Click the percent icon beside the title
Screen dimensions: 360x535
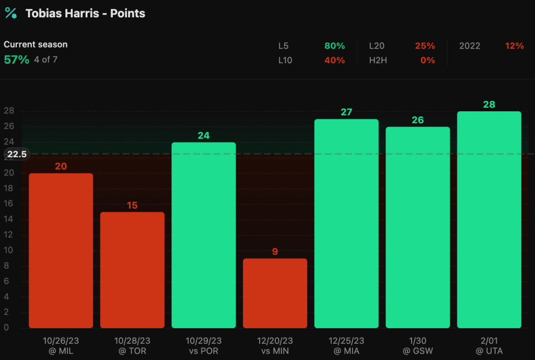point(10,13)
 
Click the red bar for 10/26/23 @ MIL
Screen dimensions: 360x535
point(61,250)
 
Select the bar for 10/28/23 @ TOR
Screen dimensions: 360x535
point(132,270)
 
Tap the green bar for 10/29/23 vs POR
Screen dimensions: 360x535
point(204,235)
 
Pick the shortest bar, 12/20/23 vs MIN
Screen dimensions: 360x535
point(275,293)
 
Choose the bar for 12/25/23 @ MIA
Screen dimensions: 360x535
point(346,224)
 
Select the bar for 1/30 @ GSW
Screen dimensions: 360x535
point(417,227)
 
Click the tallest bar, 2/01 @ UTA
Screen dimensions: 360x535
point(489,219)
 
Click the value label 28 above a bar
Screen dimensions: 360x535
point(489,104)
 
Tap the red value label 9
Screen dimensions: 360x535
point(275,251)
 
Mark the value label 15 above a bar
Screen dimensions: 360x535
point(132,205)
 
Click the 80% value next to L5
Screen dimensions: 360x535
point(334,46)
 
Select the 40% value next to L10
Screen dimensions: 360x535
point(334,60)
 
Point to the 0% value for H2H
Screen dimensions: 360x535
point(427,60)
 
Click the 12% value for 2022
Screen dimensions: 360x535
point(514,46)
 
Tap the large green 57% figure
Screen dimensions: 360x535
point(16,60)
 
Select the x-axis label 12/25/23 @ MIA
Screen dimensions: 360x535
point(346,345)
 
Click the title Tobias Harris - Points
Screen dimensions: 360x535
point(86,14)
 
